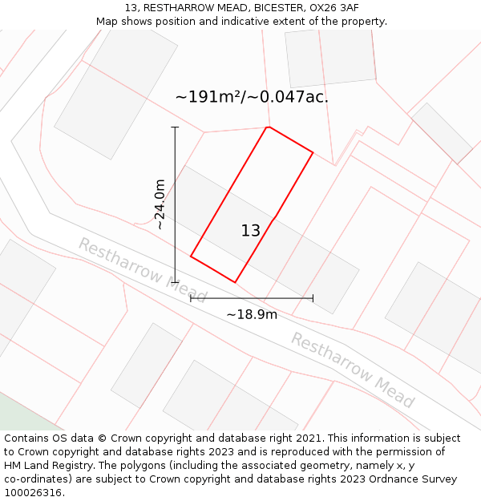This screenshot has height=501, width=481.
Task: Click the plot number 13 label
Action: coord(250,231)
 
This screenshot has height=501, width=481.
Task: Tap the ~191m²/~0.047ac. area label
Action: coord(252,97)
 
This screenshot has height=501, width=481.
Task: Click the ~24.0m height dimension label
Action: coord(160,204)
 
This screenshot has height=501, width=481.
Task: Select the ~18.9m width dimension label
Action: coord(252,314)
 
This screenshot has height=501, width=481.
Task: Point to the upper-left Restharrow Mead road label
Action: coord(141,263)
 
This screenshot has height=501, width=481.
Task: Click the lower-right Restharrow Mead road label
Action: coord(353,370)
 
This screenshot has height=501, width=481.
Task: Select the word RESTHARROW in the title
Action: coord(174,7)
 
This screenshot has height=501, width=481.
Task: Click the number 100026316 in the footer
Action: coord(33,492)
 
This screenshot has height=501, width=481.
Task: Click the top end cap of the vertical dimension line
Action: coord(175,127)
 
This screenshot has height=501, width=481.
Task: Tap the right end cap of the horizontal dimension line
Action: coord(313,298)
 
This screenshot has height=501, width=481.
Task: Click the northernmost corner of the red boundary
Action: coord(268,127)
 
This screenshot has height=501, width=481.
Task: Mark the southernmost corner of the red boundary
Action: coord(235,282)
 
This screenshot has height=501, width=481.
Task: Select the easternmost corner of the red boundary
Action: coord(313,152)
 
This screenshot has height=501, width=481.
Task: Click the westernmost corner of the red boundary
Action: coord(191,256)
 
